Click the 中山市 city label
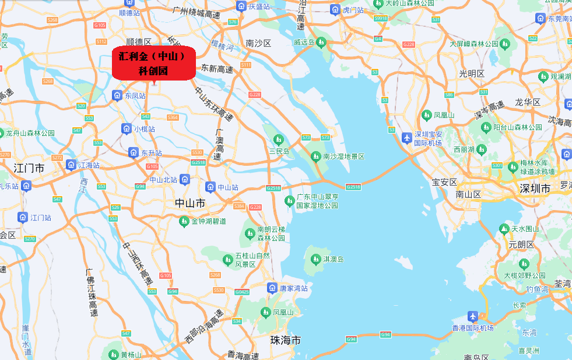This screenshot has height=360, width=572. click(190, 203)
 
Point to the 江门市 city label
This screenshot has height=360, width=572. click(30, 168)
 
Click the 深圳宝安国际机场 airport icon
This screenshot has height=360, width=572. click(406, 138)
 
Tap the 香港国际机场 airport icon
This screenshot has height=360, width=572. click(473, 316)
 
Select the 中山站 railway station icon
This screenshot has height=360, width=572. click(210, 187)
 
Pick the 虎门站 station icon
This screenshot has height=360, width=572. click(335, 10)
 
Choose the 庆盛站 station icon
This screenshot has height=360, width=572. click(241, 6)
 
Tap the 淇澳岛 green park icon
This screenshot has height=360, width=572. click(315, 258)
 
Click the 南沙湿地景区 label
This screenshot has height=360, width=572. click(344, 156)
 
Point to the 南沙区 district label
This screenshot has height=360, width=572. click(259, 43)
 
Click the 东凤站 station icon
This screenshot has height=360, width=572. click(117, 95)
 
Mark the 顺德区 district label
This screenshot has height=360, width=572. click(139, 41)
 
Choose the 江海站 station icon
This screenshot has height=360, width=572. click(71, 165)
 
